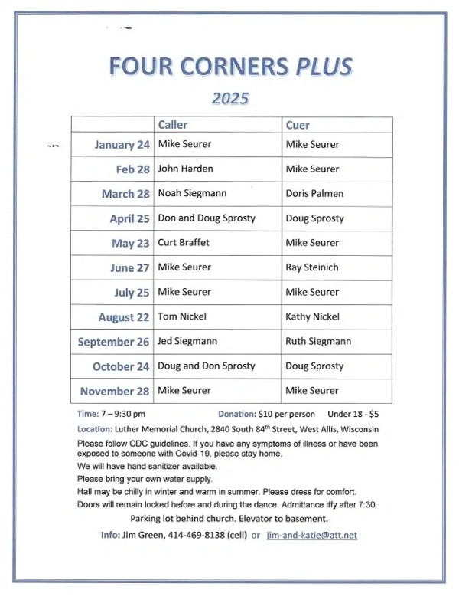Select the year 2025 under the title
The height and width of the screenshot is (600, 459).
click(x=230, y=98)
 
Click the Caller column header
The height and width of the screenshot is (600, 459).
click(x=172, y=125)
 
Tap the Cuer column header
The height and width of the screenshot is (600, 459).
click(x=298, y=125)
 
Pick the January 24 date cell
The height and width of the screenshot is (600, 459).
click(x=122, y=145)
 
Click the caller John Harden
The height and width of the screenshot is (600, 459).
click(x=185, y=169)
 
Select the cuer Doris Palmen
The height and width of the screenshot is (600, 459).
click(x=314, y=193)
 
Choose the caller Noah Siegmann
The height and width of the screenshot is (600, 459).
click(x=192, y=193)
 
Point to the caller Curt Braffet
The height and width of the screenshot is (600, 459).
click(x=184, y=243)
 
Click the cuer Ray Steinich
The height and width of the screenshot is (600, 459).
click(x=312, y=267)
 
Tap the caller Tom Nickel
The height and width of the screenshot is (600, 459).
click(x=182, y=316)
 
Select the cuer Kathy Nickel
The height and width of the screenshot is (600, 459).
click(x=312, y=316)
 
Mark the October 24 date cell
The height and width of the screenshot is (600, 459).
click(x=121, y=366)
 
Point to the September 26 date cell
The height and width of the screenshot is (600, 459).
click(x=113, y=342)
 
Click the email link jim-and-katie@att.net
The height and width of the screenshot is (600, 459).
click(x=311, y=535)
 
